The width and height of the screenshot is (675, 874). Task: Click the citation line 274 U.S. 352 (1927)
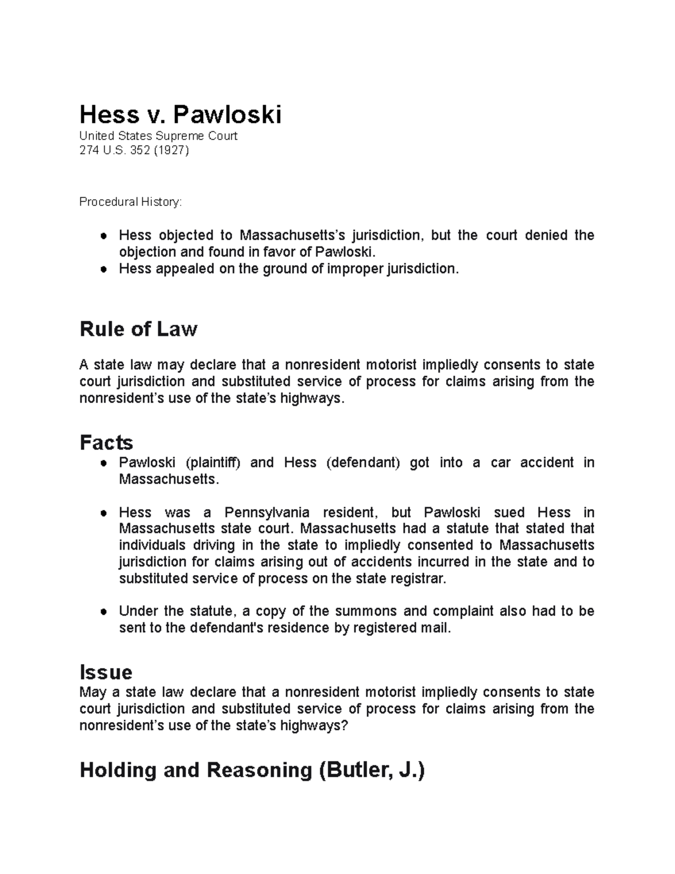click(134, 150)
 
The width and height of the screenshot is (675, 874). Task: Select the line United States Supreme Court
click(158, 136)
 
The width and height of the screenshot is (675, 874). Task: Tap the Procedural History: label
click(130, 201)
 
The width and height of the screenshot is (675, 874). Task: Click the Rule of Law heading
click(138, 329)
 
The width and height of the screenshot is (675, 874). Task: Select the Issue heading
click(106, 672)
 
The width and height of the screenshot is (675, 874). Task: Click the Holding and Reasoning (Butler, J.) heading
click(252, 770)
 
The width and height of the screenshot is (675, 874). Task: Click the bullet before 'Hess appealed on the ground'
click(103, 270)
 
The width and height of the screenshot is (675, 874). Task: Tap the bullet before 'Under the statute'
click(103, 612)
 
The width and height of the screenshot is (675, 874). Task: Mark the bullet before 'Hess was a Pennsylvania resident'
click(103, 513)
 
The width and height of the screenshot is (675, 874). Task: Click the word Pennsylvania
click(267, 513)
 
